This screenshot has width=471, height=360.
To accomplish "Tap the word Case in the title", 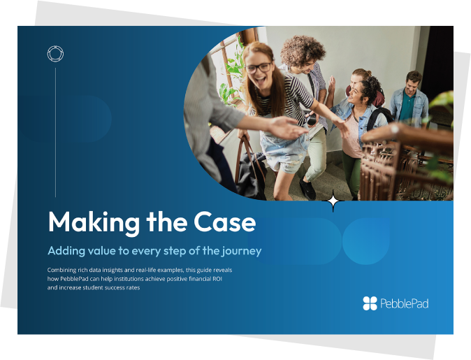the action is click(225, 222).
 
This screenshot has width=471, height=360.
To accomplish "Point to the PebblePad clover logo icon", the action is click(370, 303).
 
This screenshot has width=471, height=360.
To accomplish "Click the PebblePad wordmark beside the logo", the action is click(404, 303).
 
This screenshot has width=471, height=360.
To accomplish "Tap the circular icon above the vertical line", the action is click(56, 54).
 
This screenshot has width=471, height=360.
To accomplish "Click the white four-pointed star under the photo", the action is click(333, 201).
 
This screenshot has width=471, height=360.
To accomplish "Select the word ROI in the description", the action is click(217, 279).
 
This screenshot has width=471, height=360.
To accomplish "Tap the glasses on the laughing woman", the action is click(259, 68).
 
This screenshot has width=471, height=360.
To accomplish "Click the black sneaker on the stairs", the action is click(307, 189).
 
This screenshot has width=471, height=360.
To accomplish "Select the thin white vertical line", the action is click(56, 132).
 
